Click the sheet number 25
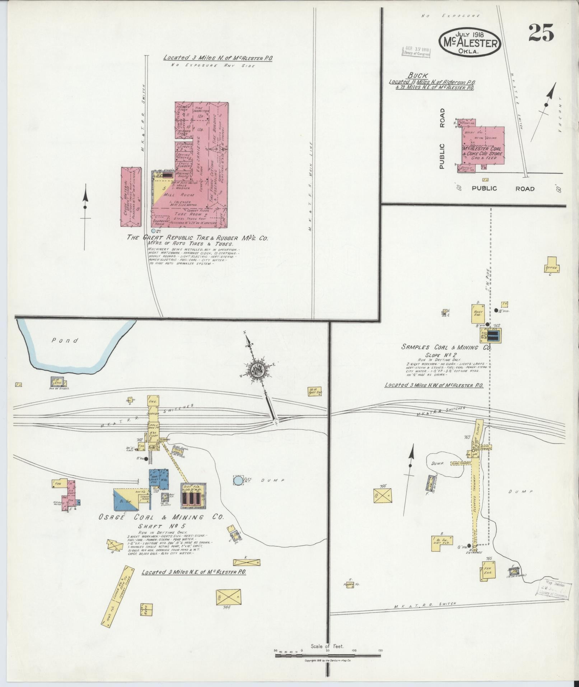pyautogui.click(x=541, y=33)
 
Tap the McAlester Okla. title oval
pyautogui.click(x=469, y=42)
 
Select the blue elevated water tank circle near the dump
pyautogui.click(x=238, y=480)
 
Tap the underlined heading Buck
pyautogui.click(x=418, y=75)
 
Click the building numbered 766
pyautogui.click(x=383, y=495)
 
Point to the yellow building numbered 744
pyautogui.click(x=228, y=597)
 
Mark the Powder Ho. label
pyautogui.click(x=352, y=584)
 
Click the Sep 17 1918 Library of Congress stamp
pyautogui.click(x=417, y=51)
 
